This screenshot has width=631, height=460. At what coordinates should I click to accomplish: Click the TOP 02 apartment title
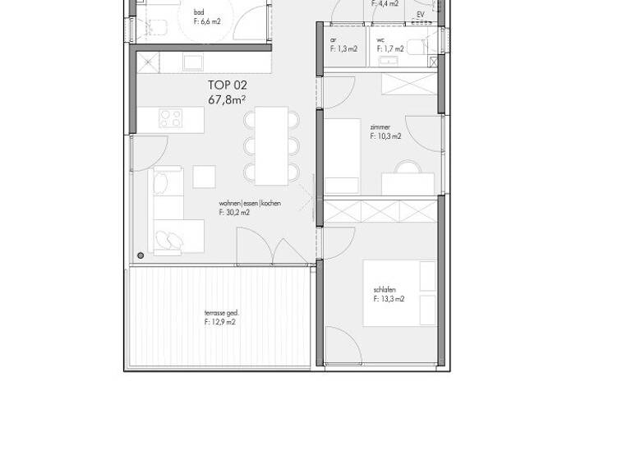pyautogui.click(x=227, y=85)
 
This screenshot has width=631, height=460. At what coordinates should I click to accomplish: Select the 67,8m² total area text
pyautogui.click(x=228, y=100)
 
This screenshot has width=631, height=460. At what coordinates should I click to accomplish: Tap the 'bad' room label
pyautogui.click(x=199, y=12)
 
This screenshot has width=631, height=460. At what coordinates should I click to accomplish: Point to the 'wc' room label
pyautogui.click(x=381, y=39)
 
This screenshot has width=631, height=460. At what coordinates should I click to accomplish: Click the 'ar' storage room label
pyautogui.click(x=334, y=39)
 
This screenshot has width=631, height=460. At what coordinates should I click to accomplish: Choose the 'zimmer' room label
pyautogui.click(x=380, y=127)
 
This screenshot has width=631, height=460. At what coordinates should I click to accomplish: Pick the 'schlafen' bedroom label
pyautogui.click(x=385, y=290)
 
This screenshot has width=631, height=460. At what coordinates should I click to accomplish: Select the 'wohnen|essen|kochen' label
pyautogui.click(x=250, y=203)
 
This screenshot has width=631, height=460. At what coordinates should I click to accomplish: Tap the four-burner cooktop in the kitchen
pyautogui.click(x=171, y=118)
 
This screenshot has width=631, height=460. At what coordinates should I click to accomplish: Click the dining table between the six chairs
pyautogui.click(x=270, y=145)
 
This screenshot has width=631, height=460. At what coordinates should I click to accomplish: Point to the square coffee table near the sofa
pyautogui.click(x=204, y=177)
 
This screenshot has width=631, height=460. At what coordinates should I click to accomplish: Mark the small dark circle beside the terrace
pyautogui.click(x=141, y=256)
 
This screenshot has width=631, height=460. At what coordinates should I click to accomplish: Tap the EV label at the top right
pyautogui.click(x=421, y=15)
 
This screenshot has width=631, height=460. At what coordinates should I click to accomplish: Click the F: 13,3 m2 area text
pyautogui.click(x=389, y=300)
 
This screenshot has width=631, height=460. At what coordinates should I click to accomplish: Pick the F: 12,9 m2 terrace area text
pyautogui.click(x=220, y=323)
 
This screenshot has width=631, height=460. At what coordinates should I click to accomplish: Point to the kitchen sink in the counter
pyautogui.click(x=194, y=63)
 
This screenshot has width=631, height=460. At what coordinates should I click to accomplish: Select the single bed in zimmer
pyautogui.click(x=343, y=156)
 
